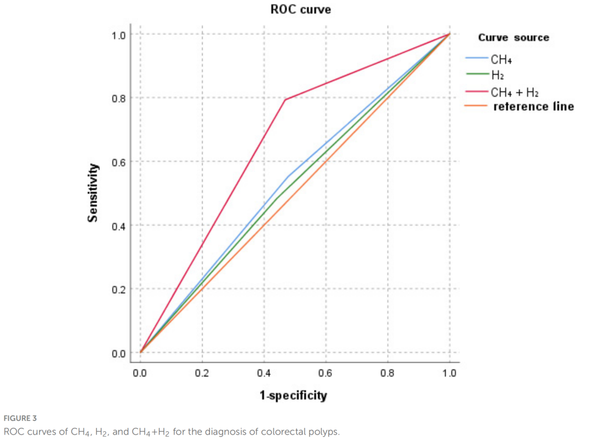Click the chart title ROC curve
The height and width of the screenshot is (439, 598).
[301, 9]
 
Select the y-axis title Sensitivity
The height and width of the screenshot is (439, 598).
[94, 193]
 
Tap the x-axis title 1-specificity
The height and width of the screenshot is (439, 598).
[293, 395]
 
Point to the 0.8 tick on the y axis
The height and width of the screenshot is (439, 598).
[118, 99]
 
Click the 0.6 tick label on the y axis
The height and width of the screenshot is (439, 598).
[118, 162]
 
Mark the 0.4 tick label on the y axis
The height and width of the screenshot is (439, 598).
[118, 226]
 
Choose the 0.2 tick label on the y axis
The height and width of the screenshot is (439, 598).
[118, 290]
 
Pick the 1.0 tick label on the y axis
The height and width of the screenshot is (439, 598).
[118, 35]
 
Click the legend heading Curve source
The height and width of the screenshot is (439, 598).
[513, 38]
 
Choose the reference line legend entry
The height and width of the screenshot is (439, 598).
[533, 106]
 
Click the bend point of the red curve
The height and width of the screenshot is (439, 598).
[285, 100]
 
